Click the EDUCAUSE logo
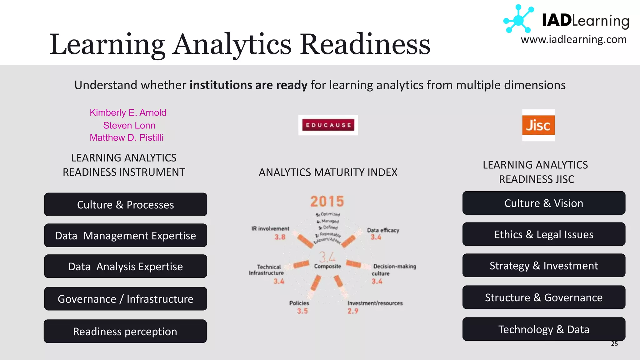(x=328, y=125)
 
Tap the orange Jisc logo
(x=538, y=125)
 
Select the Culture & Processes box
(x=125, y=205)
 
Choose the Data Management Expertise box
(x=125, y=235)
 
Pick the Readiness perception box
(x=125, y=331)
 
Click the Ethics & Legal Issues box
(x=544, y=234)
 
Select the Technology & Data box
(x=544, y=329)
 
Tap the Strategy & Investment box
(x=544, y=266)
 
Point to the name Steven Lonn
(x=129, y=125)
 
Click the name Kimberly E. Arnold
(x=128, y=112)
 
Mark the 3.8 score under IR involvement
(x=280, y=237)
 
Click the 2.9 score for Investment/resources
(x=353, y=311)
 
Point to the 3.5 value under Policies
(x=302, y=311)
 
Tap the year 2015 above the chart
(x=327, y=202)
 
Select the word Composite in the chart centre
(x=327, y=266)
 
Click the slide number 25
(x=614, y=344)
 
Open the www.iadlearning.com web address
(x=573, y=40)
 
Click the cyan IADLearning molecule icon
(x=518, y=19)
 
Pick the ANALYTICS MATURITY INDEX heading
(x=328, y=172)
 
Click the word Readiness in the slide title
(x=365, y=44)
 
